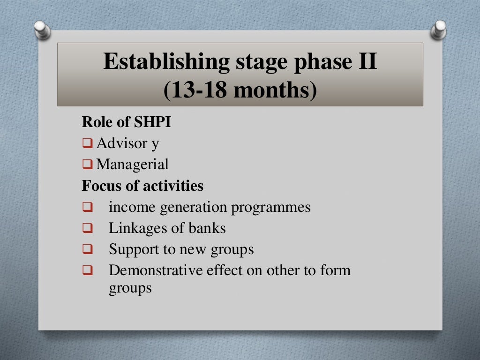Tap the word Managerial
click(x=133, y=165)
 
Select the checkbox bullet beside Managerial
click(x=88, y=165)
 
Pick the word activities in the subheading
click(x=174, y=186)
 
